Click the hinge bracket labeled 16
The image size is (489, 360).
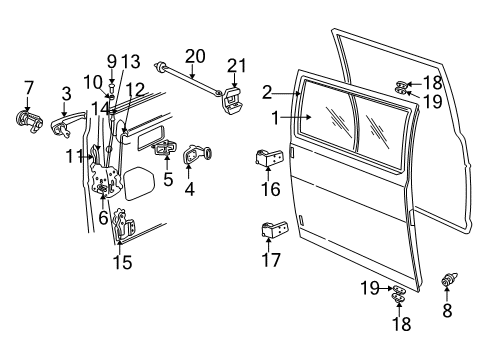271,160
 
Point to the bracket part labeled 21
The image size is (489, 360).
234,99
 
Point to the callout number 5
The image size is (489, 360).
168,181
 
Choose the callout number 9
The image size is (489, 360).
112,60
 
